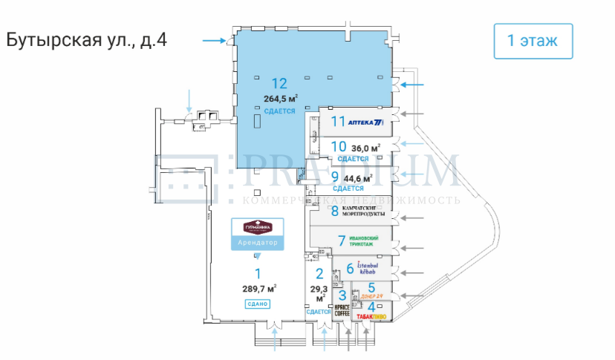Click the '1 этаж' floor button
coord(533,41)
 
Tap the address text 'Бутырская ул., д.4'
coord(86,40)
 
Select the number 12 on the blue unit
coord(279,83)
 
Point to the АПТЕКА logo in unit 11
coord(368,121)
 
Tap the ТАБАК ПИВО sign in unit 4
coord(371,315)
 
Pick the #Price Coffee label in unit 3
coord(342,310)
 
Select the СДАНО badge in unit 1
coord(258,304)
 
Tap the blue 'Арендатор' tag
coord(258,243)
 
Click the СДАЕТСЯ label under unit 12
coord(279,111)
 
